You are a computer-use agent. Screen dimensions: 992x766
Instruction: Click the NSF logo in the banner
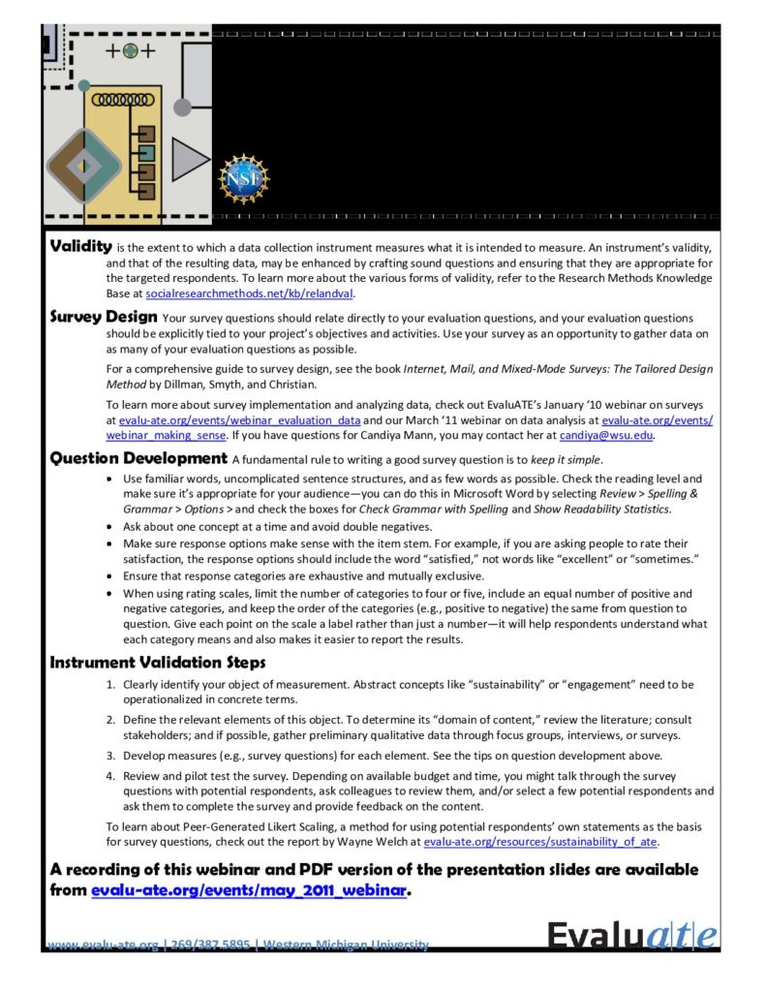[x=245, y=177]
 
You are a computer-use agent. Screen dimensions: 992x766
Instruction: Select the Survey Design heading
[x=104, y=317]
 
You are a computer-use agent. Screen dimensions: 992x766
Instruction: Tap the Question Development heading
[x=138, y=458]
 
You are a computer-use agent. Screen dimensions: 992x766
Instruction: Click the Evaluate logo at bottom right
[x=633, y=936]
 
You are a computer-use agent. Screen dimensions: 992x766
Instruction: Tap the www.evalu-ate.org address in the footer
[x=104, y=945]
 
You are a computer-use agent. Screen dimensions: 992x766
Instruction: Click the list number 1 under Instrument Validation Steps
[x=110, y=685]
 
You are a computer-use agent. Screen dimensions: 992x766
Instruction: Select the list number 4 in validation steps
[x=110, y=777]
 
